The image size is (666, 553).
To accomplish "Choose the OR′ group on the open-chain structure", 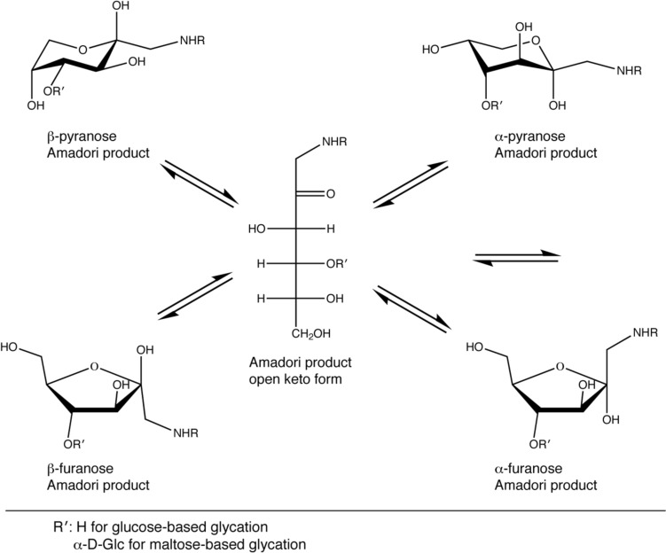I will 338,263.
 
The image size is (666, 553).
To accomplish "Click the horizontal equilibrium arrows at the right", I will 517,257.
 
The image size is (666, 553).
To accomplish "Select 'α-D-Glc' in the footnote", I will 96,542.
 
